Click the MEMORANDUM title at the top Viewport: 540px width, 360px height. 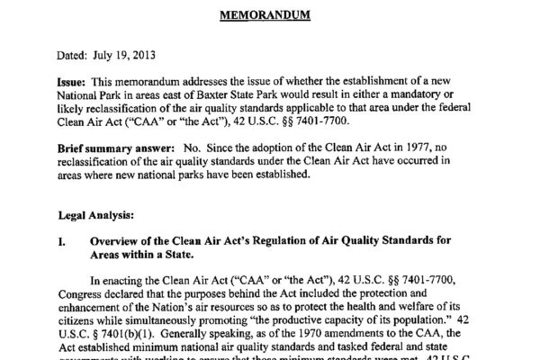tap(269, 14)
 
